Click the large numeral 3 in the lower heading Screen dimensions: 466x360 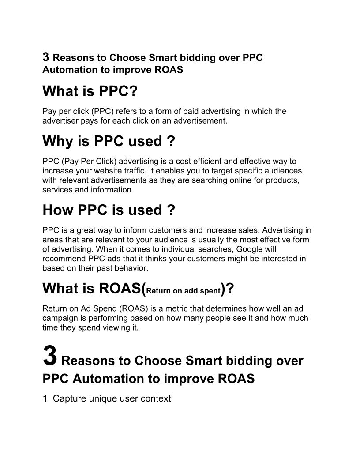(x=50, y=357)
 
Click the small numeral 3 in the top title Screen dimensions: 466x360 (x=45, y=57)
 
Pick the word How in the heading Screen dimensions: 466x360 (x=58, y=210)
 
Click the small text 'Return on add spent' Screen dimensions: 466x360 (x=183, y=291)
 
